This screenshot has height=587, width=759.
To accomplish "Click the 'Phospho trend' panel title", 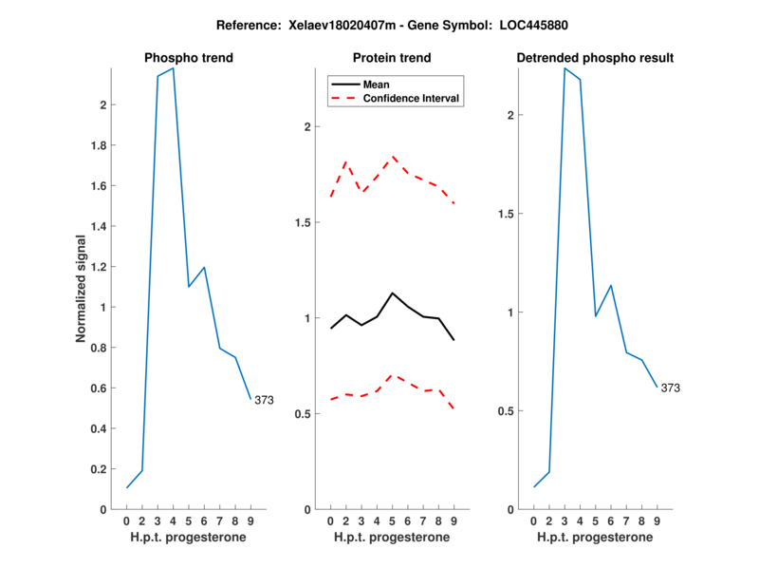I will coord(188,58).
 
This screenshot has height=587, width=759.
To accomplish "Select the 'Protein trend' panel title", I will coord(392,58).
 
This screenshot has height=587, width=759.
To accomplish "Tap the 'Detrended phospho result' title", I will coord(595,58).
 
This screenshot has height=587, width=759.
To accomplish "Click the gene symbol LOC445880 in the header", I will coord(502,24).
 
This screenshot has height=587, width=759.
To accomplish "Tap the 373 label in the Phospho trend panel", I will coord(264,400).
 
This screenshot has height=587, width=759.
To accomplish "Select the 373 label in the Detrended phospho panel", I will coord(671,388).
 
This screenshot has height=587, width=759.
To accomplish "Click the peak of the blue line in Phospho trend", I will coord(173,68).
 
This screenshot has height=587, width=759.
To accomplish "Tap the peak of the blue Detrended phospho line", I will coord(565,68).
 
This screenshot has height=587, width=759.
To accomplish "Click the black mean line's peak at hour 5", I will coord(393,293).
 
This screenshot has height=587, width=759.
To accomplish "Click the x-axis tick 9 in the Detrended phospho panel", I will coord(657,521).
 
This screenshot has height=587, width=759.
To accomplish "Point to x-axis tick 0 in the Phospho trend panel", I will coord(126,521).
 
